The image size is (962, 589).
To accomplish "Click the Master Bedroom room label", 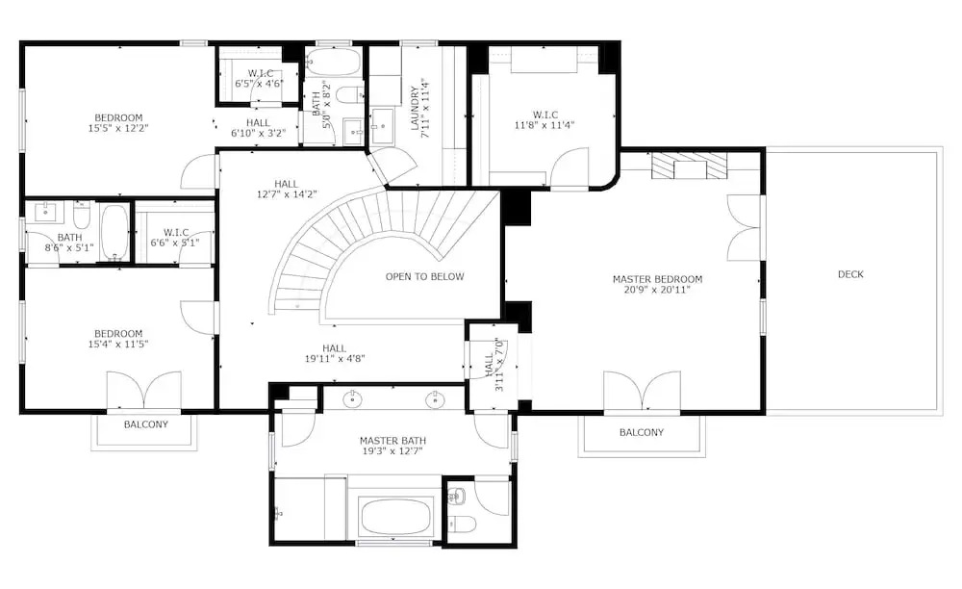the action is (657, 279).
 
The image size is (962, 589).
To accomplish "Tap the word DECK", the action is (850, 274).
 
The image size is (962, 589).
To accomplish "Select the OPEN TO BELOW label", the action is (424, 277).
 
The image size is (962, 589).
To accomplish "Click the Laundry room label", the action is (415, 108).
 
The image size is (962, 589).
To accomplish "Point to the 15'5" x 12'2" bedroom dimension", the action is (118, 128).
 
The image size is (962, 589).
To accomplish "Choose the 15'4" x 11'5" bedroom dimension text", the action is (118, 345).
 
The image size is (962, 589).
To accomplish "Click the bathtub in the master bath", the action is (393, 516).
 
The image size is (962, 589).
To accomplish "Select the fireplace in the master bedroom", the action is (689, 166).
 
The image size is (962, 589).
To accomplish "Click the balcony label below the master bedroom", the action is (641, 432).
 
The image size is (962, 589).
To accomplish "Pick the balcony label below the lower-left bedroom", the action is (146, 424).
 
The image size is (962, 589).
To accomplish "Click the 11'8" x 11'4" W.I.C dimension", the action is (544, 125).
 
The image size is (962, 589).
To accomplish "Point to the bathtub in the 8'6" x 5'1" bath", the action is (114, 233).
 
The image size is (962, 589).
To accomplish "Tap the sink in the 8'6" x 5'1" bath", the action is (46, 212).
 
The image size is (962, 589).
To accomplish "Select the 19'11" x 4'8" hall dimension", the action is (335, 358).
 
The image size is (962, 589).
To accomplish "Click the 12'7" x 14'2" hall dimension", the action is (287, 194).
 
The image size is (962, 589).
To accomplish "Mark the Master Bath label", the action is (392, 441).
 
